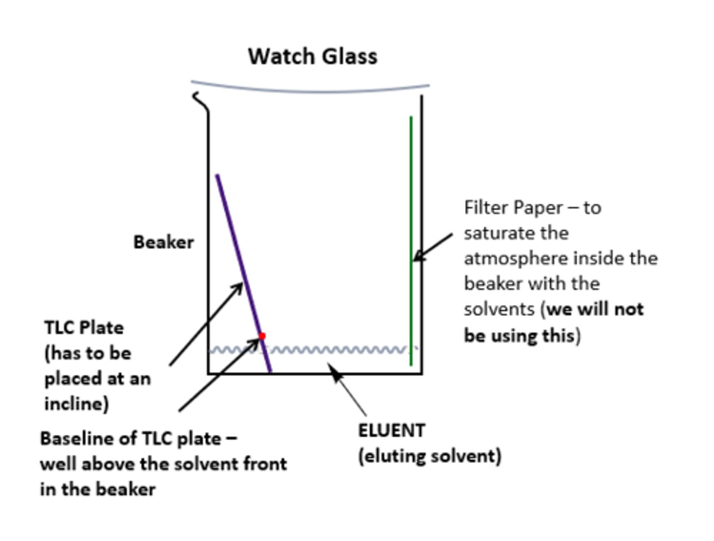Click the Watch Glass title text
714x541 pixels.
312,56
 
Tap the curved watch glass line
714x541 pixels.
310,91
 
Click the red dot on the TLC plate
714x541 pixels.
262,336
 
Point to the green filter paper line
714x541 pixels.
411,198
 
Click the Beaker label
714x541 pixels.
163,242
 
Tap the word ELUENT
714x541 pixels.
391,430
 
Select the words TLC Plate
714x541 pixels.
84,327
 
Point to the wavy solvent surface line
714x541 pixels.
337,350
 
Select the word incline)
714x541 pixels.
76,404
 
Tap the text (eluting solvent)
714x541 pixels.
429,456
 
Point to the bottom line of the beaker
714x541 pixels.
347,373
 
